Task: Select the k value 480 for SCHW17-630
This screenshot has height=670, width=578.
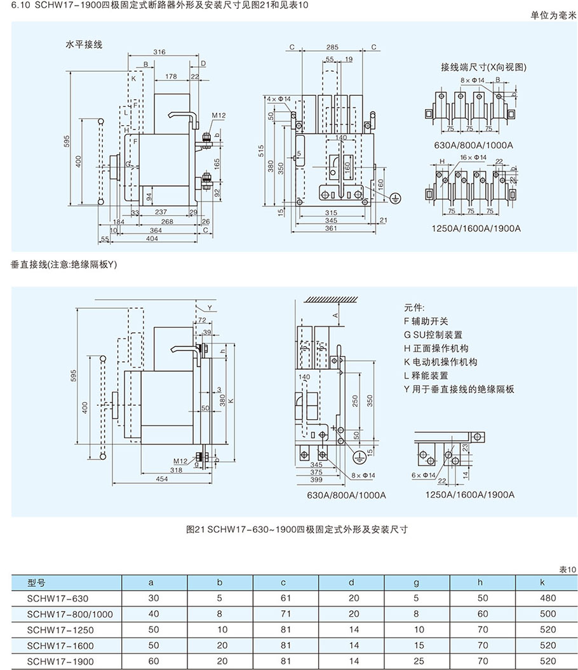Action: tap(547, 598)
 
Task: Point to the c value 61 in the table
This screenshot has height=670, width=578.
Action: tap(283, 598)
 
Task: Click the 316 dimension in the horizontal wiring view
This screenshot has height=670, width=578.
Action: tap(159, 52)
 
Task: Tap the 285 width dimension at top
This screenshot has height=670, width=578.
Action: tap(332, 47)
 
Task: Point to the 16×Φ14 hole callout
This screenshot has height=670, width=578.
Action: tap(473, 157)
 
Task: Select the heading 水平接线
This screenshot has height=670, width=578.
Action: tap(84, 44)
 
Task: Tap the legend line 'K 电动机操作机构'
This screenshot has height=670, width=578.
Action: tap(440, 361)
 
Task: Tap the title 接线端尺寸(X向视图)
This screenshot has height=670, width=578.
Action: tap(484, 67)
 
